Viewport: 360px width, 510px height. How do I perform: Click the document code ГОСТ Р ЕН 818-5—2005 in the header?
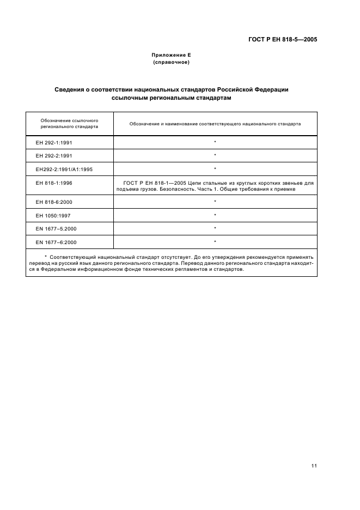click(280, 39)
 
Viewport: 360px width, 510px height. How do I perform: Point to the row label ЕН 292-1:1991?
click(53, 143)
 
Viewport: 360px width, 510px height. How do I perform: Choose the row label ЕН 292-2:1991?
click(53, 156)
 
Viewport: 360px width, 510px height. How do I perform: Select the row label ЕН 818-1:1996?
click(53, 183)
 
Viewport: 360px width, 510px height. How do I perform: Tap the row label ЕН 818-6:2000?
click(53, 202)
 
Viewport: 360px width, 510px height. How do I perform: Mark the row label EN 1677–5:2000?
click(56, 228)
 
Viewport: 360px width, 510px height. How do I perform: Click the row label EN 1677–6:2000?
click(56, 241)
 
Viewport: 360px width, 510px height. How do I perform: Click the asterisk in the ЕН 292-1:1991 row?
click(215, 143)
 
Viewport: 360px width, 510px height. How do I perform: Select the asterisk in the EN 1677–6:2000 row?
click(215, 241)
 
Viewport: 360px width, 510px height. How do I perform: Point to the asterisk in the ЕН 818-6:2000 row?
click(215, 202)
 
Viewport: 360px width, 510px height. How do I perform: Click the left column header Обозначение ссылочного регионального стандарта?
click(69, 123)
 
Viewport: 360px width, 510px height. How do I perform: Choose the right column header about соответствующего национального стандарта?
click(215, 124)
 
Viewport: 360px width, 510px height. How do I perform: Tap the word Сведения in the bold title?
click(71, 89)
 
